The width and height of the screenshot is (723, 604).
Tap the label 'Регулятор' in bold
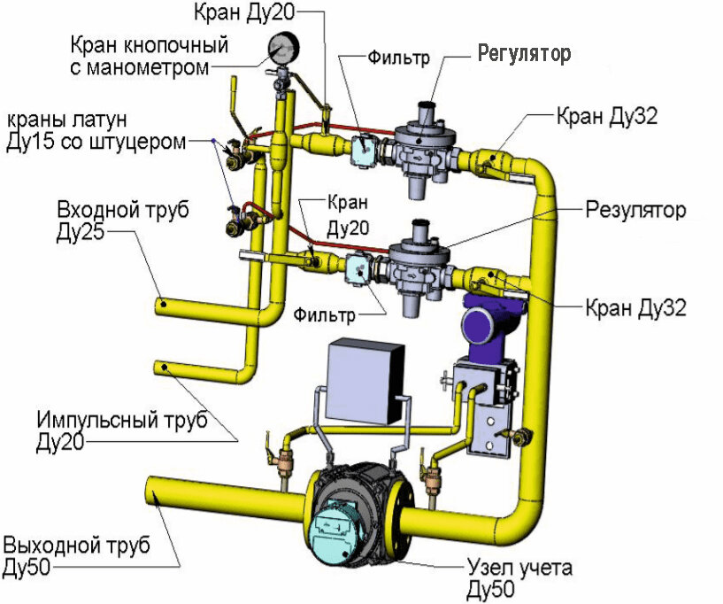click(524, 53)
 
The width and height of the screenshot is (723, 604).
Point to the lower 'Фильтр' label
click(326, 314)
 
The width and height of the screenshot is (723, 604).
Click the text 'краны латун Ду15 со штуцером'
click(94, 130)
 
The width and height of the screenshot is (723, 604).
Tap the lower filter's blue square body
click(358, 267)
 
